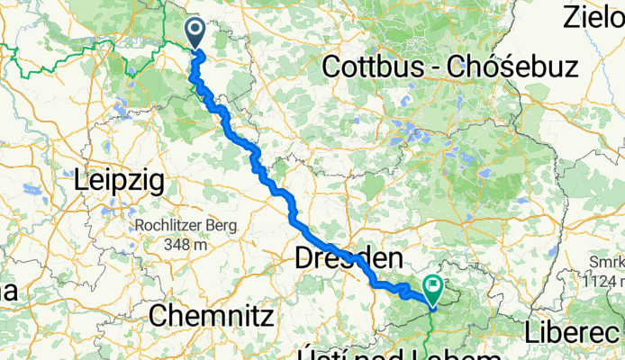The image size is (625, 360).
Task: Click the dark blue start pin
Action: click(x=196, y=33)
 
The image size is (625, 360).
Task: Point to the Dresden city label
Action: click(x=348, y=259)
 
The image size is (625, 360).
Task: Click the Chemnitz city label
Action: click(x=211, y=315)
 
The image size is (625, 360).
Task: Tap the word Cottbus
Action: click(x=370, y=66)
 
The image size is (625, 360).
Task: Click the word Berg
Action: click(x=220, y=226)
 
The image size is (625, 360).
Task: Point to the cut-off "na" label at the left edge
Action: click(x=7, y=292)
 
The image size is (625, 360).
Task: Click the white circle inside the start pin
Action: click(x=196, y=29)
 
